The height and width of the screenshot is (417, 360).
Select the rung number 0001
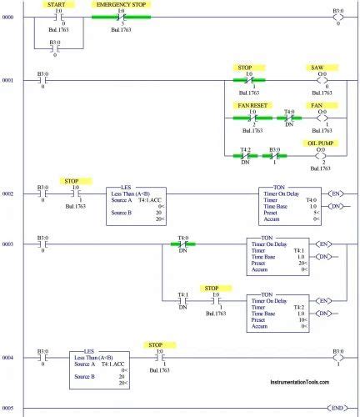[8, 81]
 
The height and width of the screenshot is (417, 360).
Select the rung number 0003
[8, 244]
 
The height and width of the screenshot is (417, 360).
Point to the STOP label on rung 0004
[155, 344]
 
